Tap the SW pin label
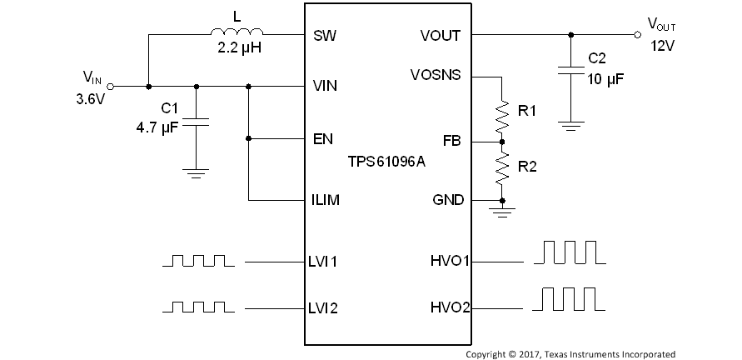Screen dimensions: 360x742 (x=324, y=36)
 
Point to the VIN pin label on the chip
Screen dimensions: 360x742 (x=325, y=85)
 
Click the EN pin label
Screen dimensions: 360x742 (x=323, y=138)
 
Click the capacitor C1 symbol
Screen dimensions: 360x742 (x=196, y=122)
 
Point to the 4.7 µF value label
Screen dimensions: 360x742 (x=158, y=128)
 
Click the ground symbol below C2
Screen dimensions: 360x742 (x=570, y=127)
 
